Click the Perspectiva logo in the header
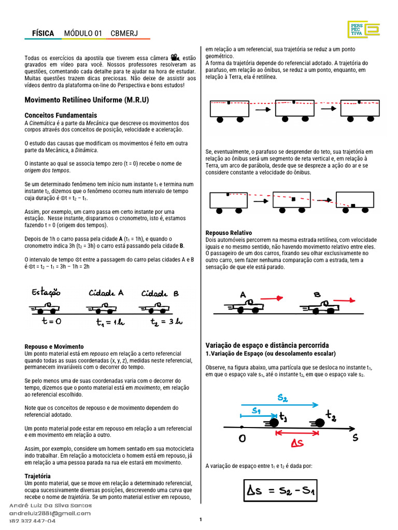click(363, 31)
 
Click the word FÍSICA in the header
click(43, 34)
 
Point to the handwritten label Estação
click(46, 293)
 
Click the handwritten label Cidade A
click(106, 293)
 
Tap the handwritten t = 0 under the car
click(51, 321)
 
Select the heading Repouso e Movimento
click(54, 346)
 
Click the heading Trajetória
click(38, 475)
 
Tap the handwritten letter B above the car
click(317, 295)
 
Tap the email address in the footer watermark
click(50, 513)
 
